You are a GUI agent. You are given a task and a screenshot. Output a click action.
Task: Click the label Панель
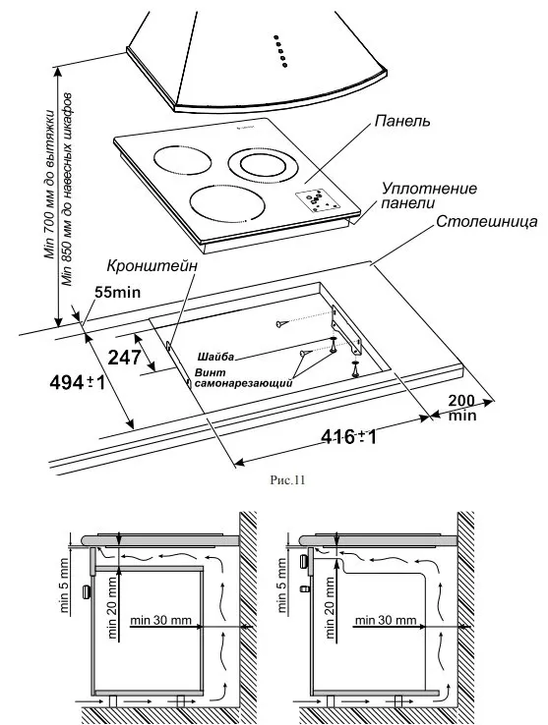402,122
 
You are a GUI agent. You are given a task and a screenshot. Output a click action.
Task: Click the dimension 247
125,358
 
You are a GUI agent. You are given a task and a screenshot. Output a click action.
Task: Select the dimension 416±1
350,436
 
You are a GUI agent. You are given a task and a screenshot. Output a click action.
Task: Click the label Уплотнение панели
430,195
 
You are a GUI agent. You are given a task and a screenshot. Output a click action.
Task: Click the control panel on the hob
319,198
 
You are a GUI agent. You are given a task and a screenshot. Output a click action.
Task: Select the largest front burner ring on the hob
228,206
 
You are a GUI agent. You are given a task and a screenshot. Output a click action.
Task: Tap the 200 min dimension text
461,408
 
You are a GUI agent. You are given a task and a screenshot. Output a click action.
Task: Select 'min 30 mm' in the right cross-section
389,621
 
